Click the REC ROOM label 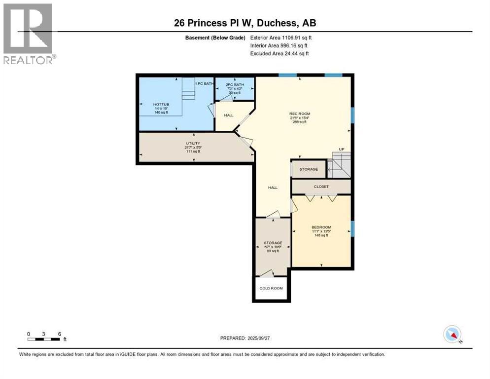point(300,114)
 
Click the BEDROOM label point(321,227)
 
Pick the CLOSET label point(321,187)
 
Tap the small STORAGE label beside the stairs point(309,169)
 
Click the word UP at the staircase point(341,149)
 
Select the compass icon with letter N point(452,334)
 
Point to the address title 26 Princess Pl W point(245,23)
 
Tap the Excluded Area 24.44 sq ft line point(280,53)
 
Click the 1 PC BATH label point(205,83)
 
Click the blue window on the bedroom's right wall point(352,228)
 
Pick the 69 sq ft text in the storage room point(273,251)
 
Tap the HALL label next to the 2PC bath point(229,115)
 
